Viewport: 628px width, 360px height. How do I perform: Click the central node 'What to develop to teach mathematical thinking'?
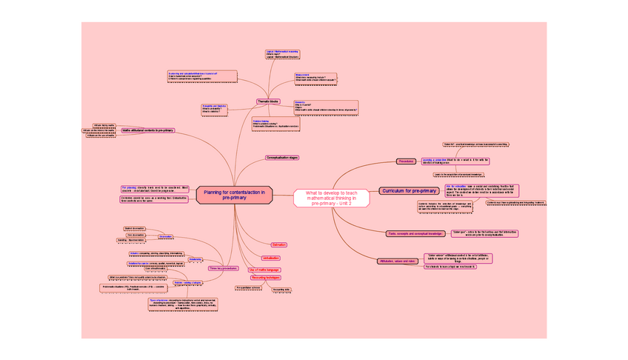(331, 198)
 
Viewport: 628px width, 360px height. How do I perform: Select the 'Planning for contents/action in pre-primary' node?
(234, 197)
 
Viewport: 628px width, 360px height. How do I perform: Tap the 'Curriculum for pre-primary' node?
(408, 191)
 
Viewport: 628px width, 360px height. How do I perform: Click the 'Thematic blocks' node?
(268, 101)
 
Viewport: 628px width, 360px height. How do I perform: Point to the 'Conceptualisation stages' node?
(282, 158)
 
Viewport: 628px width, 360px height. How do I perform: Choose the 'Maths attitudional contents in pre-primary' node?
(147, 130)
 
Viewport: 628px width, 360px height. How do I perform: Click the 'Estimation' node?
(279, 244)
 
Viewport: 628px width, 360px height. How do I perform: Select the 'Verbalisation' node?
(270, 257)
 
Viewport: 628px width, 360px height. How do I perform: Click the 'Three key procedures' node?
(223, 267)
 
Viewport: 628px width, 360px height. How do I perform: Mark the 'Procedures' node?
(406, 161)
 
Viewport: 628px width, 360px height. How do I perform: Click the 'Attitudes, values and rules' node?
(398, 261)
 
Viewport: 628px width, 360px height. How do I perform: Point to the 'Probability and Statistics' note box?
(216, 108)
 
